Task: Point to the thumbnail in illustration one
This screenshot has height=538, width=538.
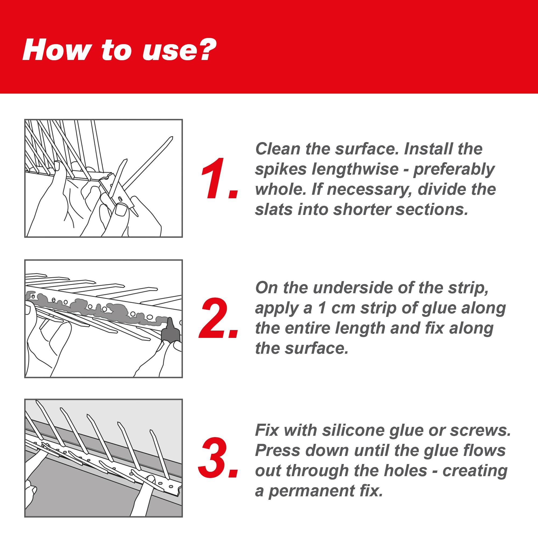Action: point(121,210)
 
